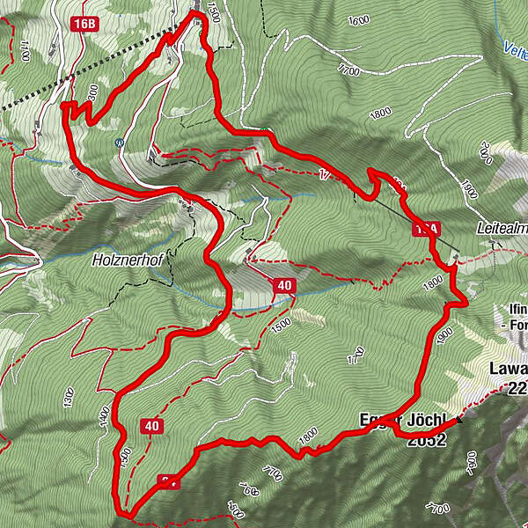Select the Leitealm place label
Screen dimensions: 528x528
(502, 226)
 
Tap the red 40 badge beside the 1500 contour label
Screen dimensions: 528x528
(283, 285)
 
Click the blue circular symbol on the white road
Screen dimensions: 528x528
(119, 142)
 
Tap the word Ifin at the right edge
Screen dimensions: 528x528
(517, 310)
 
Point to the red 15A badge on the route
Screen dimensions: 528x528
(426, 230)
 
